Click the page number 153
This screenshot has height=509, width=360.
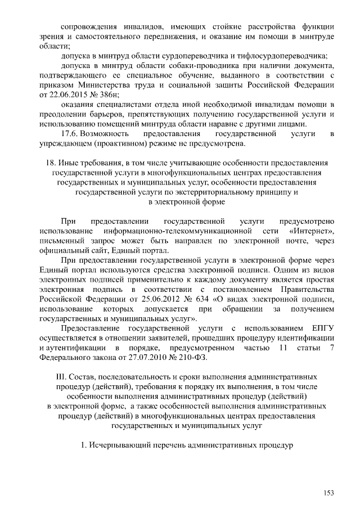click(x=328, y=493)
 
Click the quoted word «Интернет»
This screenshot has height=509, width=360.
click(x=312, y=231)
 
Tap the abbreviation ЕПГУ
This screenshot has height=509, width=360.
click(x=322, y=328)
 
